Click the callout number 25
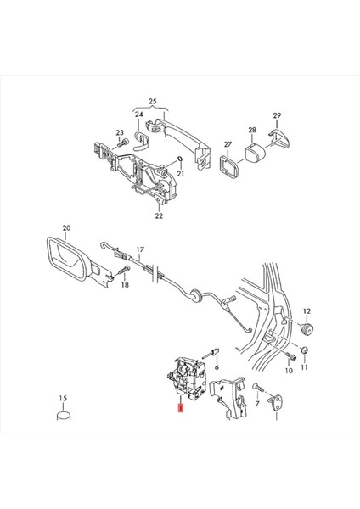tap(153, 103)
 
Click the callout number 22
tap(159, 216)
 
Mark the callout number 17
tap(141, 249)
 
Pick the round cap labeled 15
tap(63, 417)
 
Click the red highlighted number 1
tap(179, 409)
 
